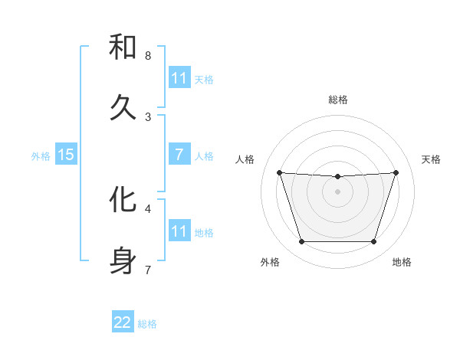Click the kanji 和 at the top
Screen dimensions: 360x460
(123, 47)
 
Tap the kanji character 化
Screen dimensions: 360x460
(123, 200)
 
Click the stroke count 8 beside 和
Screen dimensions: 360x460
(148, 56)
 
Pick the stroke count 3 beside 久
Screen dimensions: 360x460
(148, 117)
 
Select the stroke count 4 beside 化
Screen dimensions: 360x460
(148, 208)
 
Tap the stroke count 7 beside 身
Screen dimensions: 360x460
(148, 270)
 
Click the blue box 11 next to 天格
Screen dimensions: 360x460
(179, 78)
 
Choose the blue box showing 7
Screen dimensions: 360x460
(179, 155)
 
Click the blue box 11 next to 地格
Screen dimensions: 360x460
(179, 231)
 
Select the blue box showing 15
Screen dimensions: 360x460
(66, 155)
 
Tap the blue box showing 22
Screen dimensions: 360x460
(123, 322)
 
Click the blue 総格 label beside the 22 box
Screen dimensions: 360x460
(147, 324)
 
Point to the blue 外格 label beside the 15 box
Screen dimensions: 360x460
(41, 155)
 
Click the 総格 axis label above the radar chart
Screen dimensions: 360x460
(338, 100)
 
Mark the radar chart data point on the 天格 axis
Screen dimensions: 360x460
(396, 172)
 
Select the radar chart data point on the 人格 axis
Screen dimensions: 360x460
(279, 172)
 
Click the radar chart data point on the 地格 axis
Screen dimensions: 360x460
(374, 242)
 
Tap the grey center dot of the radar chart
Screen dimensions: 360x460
(338, 191)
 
